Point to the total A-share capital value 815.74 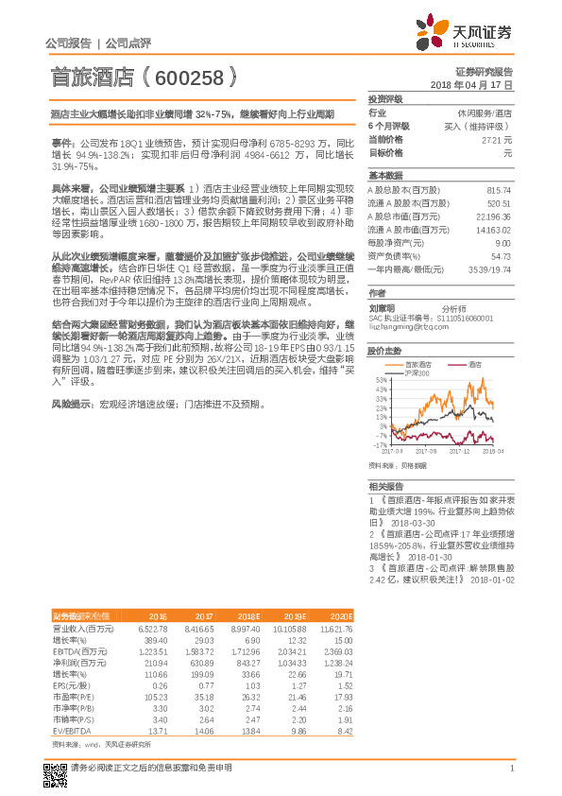(497, 190)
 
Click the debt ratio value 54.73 (500, 255)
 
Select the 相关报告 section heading (385, 484)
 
